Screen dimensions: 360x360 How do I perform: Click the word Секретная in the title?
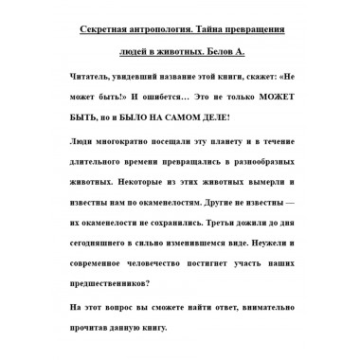coord(99,29)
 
